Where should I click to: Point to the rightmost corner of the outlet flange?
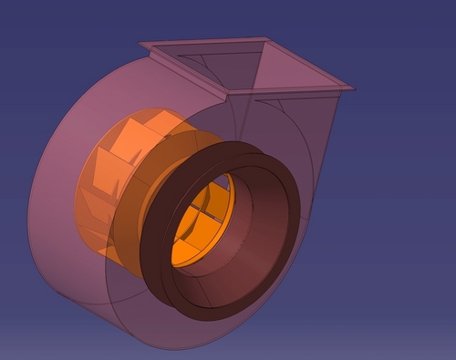(x=353, y=88)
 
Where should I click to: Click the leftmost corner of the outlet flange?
(x=140, y=43)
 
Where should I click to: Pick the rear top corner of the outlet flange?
(x=266, y=38)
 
